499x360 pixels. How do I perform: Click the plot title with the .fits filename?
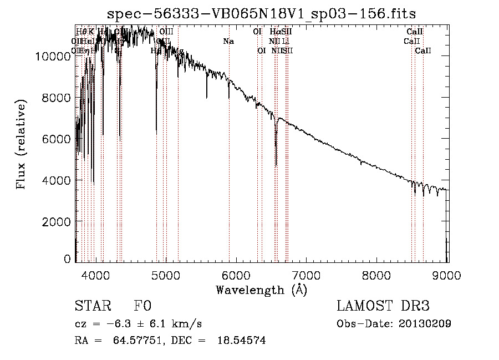(261, 13)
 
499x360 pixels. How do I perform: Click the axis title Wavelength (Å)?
(261, 290)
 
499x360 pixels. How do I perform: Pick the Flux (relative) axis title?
(22, 145)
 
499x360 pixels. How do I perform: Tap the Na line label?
(228, 41)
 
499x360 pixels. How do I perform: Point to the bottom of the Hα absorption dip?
(276, 165)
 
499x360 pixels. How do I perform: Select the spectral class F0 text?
(142, 306)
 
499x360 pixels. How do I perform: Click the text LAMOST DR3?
(383, 306)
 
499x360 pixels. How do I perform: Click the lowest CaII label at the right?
(423, 50)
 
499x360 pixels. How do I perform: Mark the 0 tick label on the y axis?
(68, 259)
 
